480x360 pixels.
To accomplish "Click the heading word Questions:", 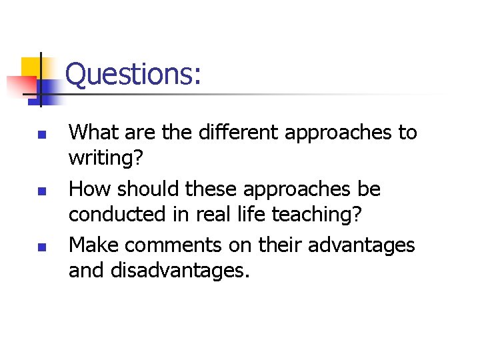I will [133, 74].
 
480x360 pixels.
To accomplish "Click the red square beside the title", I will [20, 85].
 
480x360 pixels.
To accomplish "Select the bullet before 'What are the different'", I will [40, 133].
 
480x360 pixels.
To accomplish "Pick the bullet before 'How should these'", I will [40, 190].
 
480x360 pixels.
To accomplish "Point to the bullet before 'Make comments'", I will [40, 247].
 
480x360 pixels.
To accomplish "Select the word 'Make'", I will [94, 245].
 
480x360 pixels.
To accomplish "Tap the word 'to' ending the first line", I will [407, 133].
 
